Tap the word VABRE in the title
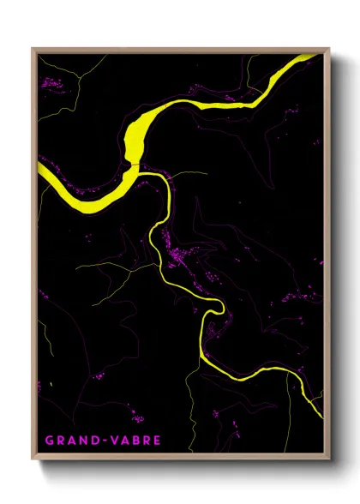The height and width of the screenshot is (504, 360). (x=131, y=441)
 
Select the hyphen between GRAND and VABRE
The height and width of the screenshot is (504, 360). (x=99, y=441)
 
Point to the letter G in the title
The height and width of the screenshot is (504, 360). (x=50, y=441)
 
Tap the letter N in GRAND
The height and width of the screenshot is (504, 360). (x=81, y=441)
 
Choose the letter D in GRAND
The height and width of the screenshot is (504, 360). (x=92, y=441)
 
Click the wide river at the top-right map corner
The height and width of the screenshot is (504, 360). (x=309, y=58)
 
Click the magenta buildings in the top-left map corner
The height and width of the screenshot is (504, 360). (x=51, y=83)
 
